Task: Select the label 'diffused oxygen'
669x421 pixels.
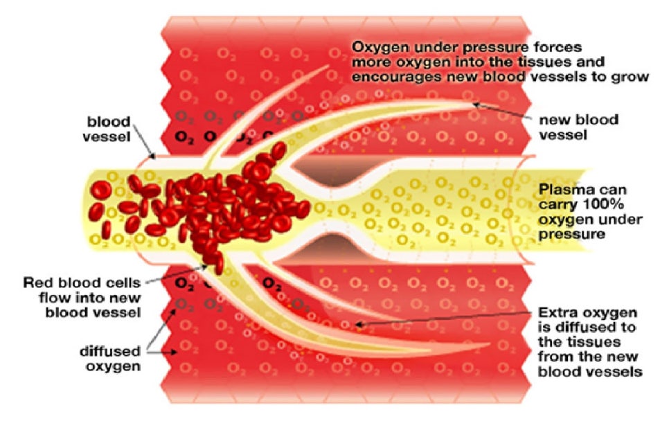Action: pos(110,359)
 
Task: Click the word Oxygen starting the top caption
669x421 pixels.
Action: pos(380,48)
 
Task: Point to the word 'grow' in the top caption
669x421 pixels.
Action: pos(630,77)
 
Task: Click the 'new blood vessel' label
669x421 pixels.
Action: pos(578,127)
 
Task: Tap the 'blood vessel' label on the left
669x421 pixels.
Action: pos(107,129)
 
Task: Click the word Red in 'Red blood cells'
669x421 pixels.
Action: pos(34,283)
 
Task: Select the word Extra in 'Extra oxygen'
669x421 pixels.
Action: pos(556,313)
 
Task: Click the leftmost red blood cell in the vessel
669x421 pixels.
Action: pos(102,190)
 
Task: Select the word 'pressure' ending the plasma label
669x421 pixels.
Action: pos(572,234)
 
